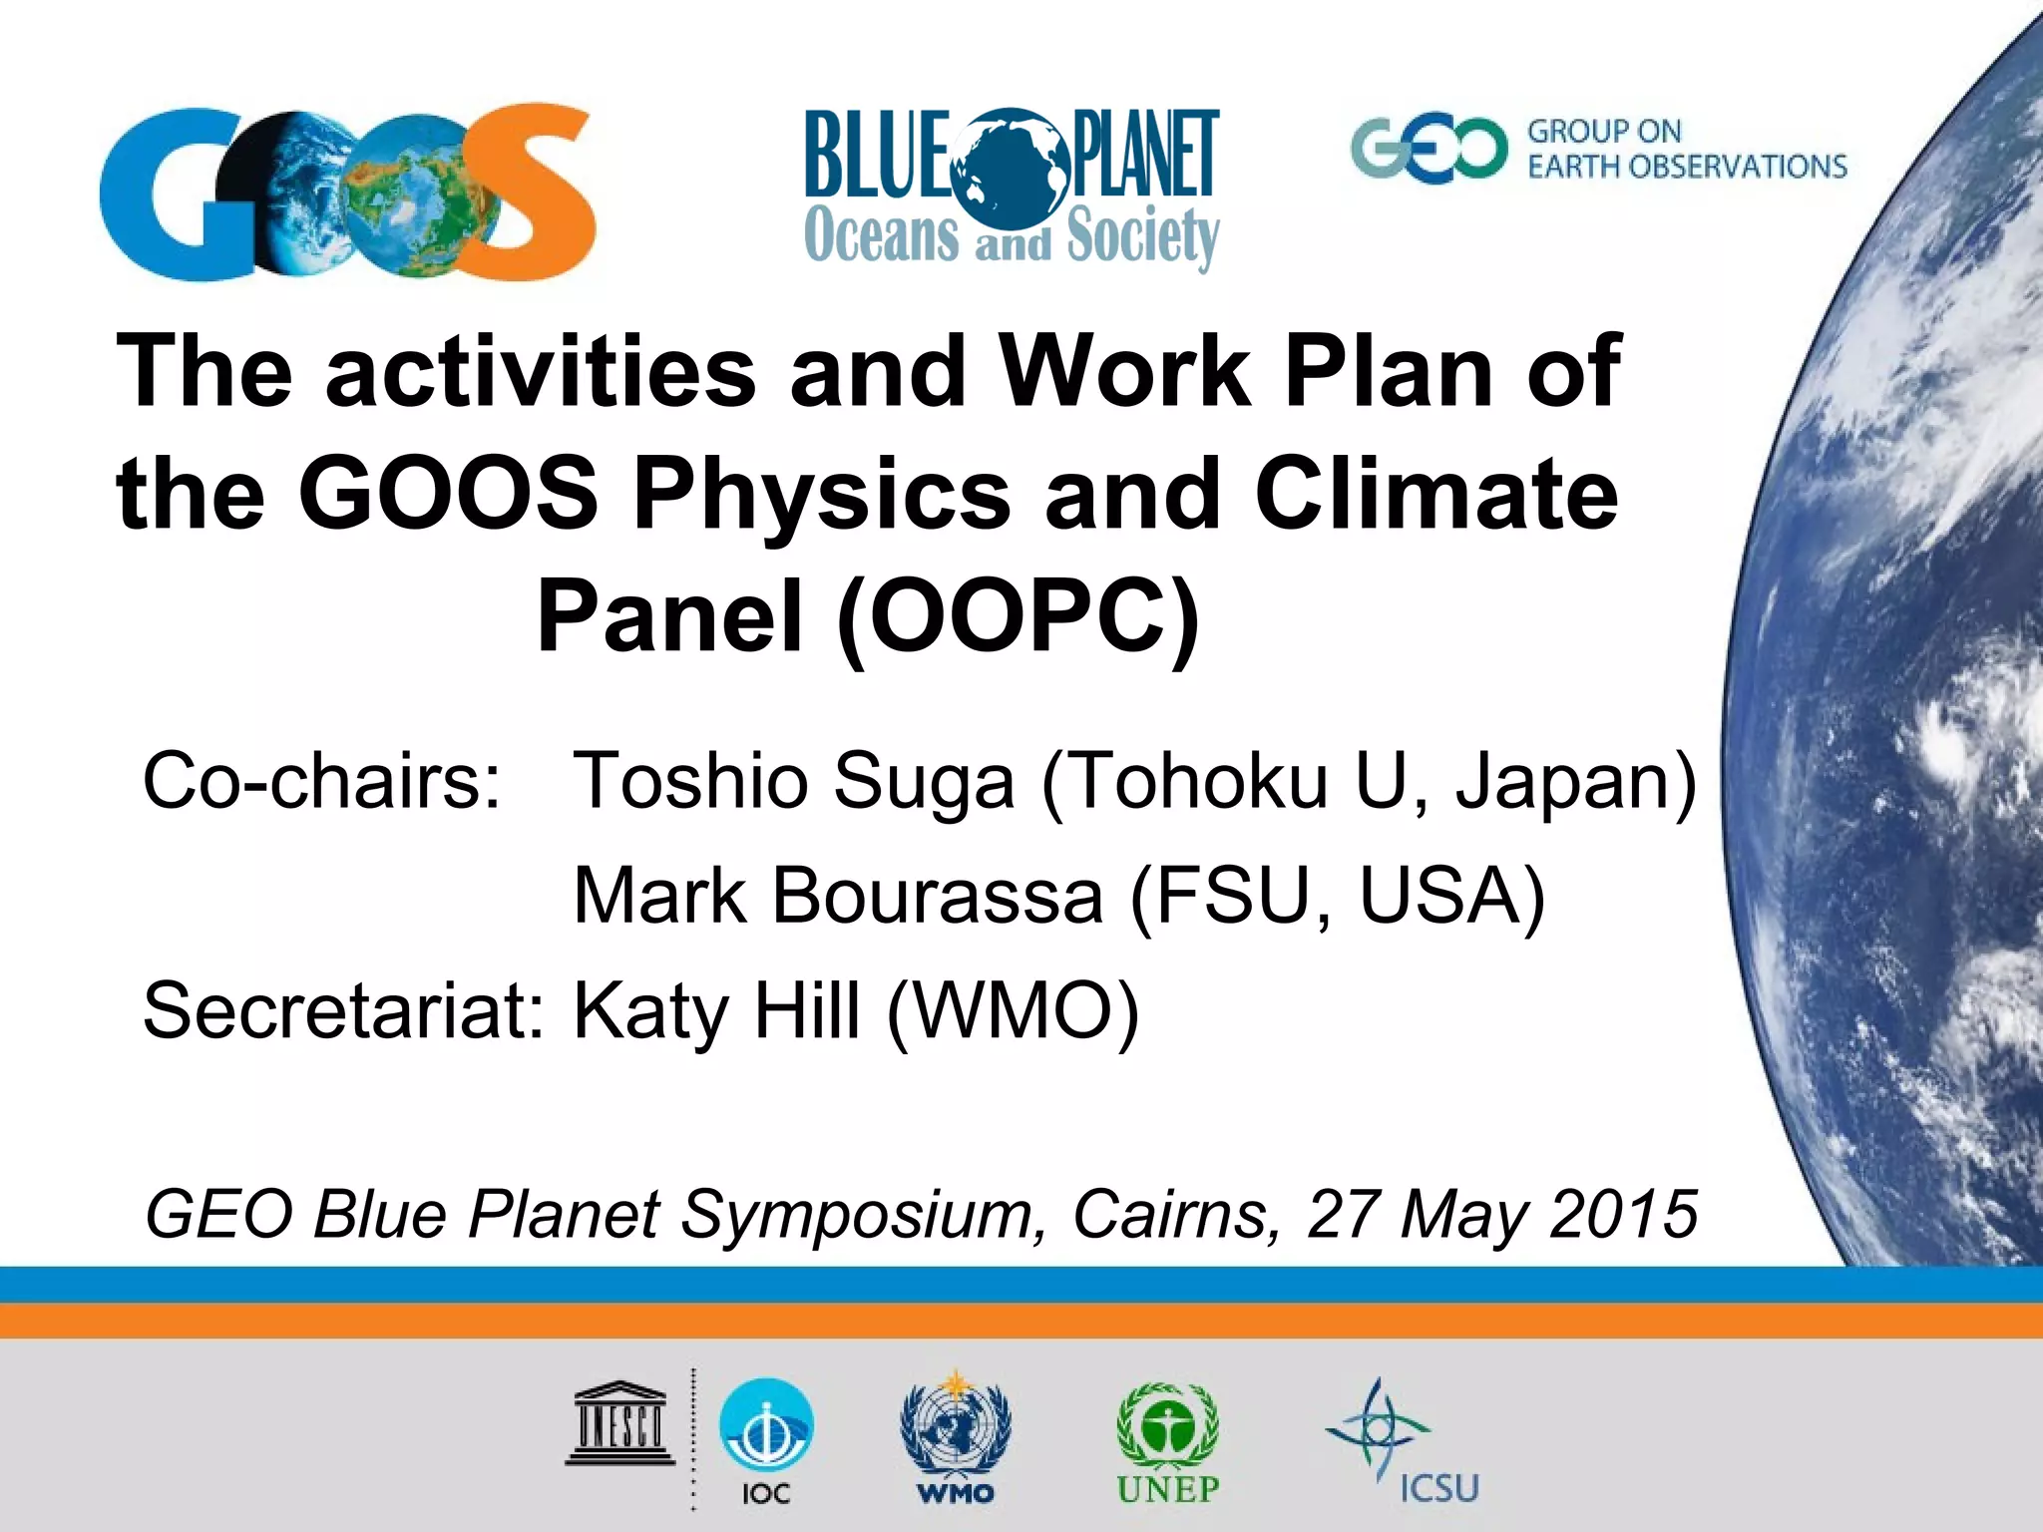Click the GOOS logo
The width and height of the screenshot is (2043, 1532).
point(347,191)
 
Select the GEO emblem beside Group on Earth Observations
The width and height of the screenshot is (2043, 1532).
point(1429,150)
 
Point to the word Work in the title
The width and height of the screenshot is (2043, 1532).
point(1125,371)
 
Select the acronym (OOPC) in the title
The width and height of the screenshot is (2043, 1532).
point(1018,616)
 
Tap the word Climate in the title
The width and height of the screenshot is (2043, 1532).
point(1436,494)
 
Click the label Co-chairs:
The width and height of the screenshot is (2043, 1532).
point(321,781)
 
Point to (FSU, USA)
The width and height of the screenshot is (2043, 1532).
point(1337,896)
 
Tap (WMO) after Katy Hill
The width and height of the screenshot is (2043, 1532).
point(1012,1010)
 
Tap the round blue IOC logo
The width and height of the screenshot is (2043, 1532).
point(766,1426)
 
